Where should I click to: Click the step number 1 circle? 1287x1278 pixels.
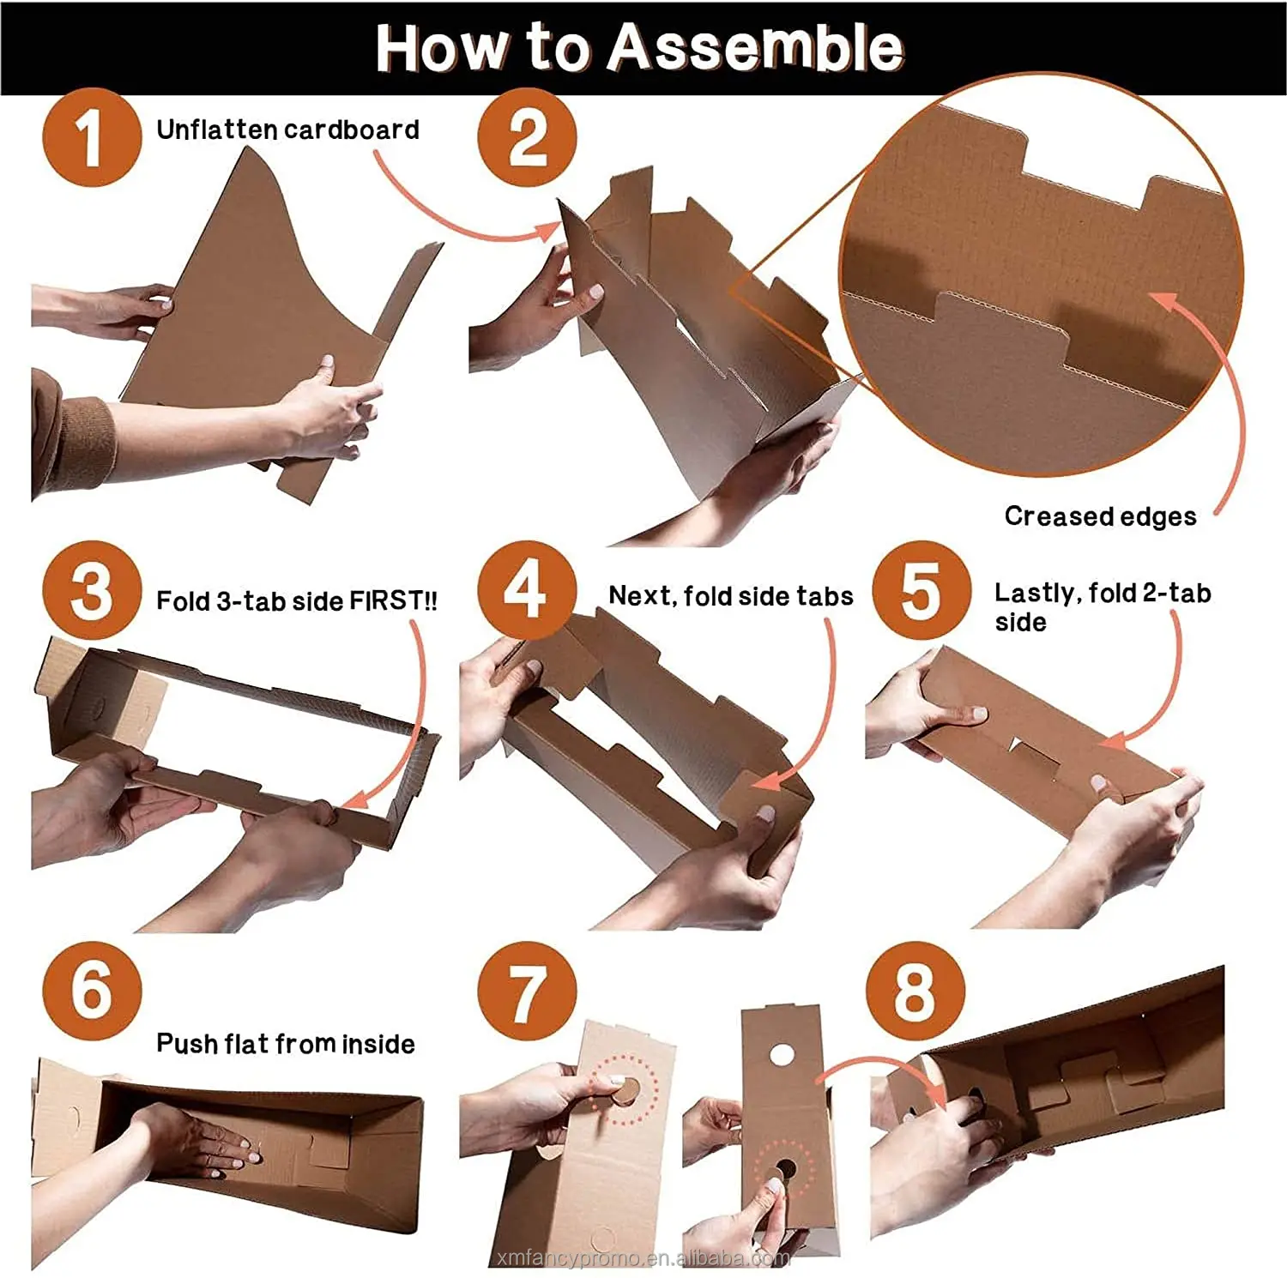(91, 137)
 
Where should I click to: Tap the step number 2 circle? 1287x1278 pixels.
(527, 137)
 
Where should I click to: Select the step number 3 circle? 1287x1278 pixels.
(91, 591)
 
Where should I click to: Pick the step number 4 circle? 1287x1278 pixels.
(527, 591)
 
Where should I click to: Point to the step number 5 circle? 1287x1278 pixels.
(921, 591)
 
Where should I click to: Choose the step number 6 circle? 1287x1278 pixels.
(91, 991)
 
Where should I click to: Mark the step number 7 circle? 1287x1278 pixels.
(527, 991)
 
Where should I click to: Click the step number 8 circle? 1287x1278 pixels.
(915, 991)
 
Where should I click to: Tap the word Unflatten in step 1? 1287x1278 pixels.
(217, 130)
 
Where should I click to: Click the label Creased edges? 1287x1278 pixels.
(1100, 516)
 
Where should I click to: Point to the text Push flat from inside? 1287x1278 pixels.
(286, 1043)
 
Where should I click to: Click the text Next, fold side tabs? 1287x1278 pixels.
(731, 596)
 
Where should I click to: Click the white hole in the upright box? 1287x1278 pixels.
(782, 1054)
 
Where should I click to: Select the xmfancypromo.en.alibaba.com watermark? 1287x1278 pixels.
(643, 1258)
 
